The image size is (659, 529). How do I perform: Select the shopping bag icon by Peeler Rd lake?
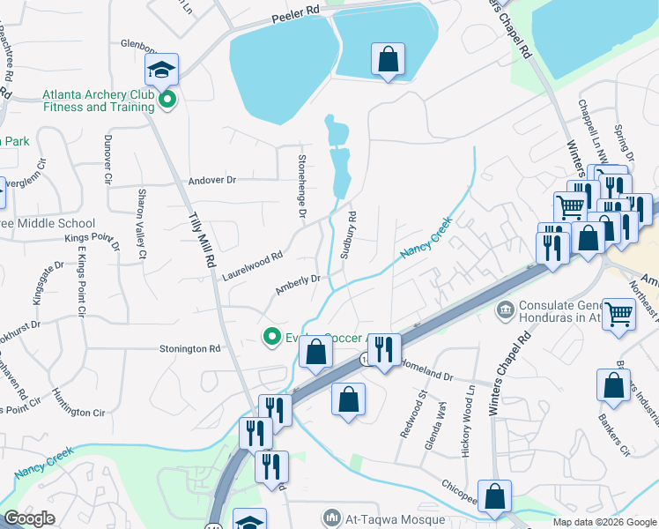pos(388,61)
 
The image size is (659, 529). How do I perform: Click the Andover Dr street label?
pos(212,180)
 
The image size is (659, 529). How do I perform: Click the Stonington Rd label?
pos(189,349)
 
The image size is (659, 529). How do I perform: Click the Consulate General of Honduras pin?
pos(506,309)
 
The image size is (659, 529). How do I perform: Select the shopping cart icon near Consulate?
pos(619,314)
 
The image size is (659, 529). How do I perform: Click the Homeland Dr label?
pos(426,369)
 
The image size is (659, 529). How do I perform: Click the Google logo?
pos(30,518)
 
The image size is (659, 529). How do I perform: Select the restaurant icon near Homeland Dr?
pos(383,349)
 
